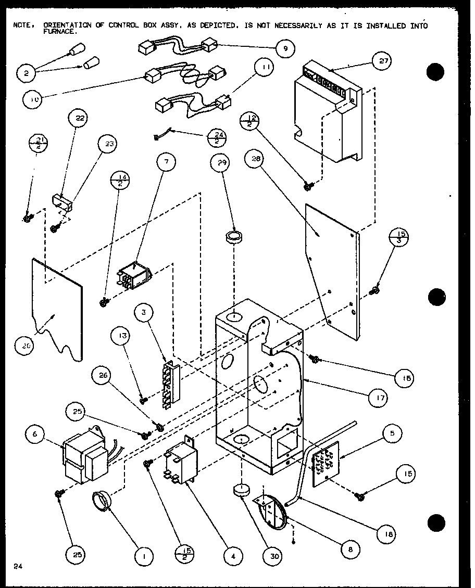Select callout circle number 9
285,49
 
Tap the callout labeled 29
221,164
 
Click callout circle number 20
26,345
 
